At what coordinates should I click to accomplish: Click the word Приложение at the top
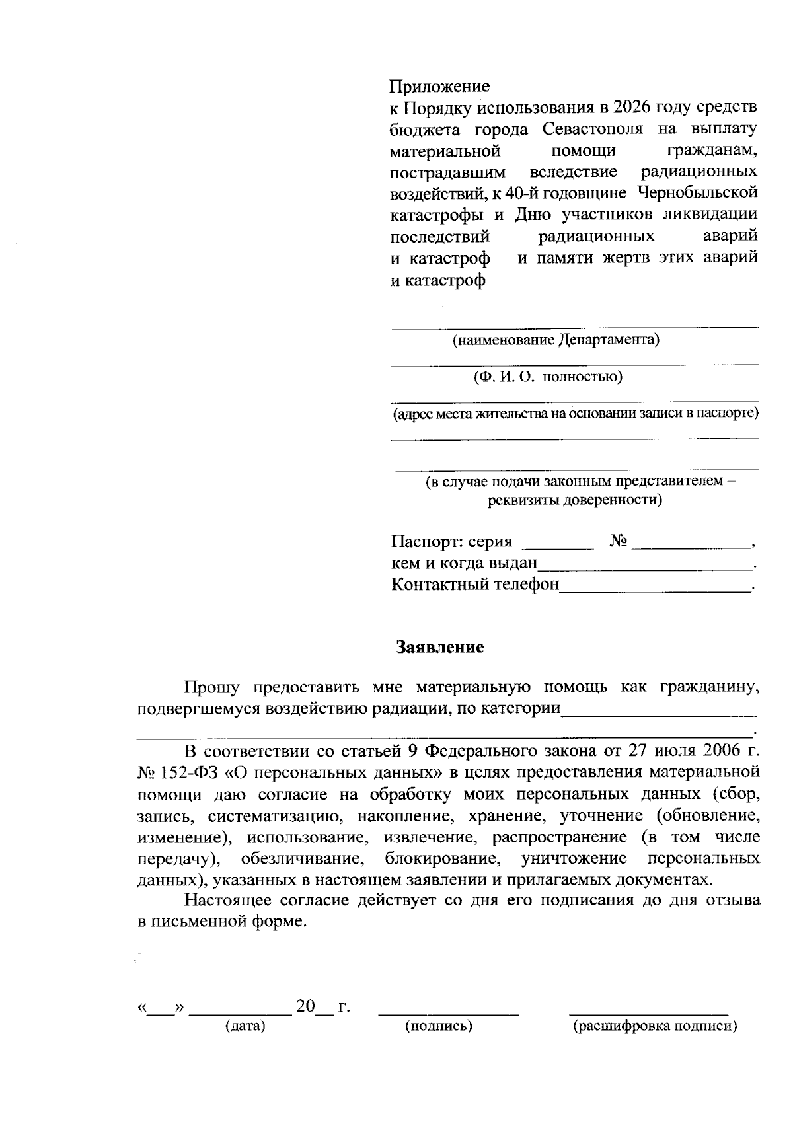[x=439, y=86]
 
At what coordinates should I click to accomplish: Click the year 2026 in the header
[x=633, y=107]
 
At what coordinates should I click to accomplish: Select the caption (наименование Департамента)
[x=555, y=340]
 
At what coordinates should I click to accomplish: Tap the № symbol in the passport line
[x=619, y=541]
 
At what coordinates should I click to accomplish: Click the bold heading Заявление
[x=439, y=647]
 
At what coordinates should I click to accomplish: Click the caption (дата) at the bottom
[x=245, y=1026]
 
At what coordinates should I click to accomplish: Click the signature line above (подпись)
[x=448, y=1012]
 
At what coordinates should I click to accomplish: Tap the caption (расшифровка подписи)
[x=654, y=1026]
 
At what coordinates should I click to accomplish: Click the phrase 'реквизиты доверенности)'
[x=575, y=500]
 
